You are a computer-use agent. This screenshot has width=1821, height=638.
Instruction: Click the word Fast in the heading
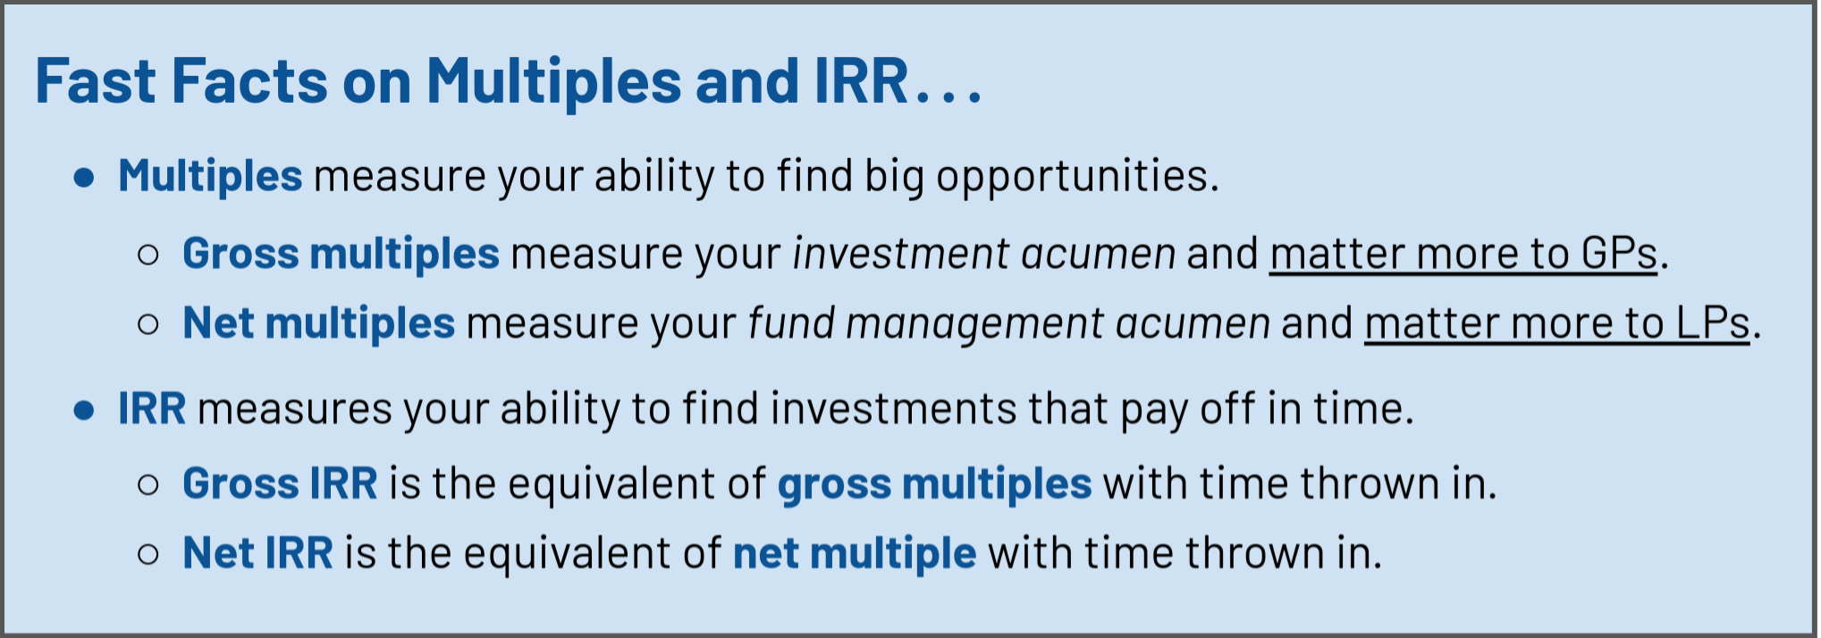[x=96, y=81]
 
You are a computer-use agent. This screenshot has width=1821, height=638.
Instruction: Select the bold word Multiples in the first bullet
[x=210, y=176]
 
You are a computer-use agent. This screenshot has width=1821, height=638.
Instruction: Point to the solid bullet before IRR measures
[x=85, y=410]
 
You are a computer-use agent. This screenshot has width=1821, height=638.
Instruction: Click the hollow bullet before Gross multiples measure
[x=148, y=255]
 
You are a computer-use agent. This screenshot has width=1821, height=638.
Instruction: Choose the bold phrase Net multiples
[x=319, y=323]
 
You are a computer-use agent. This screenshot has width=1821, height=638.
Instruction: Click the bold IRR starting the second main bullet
[x=153, y=409]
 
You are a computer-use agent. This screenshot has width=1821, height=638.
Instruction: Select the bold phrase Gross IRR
[x=281, y=483]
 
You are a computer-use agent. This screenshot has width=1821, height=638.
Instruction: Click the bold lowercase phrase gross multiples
[x=935, y=484]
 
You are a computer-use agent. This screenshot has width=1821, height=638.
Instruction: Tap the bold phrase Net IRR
[x=258, y=553]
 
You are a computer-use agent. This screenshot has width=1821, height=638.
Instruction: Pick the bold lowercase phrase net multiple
[x=855, y=554]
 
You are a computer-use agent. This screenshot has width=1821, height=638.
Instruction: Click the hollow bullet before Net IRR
[x=148, y=555]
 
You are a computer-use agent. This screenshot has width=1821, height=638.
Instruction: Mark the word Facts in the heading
[x=250, y=81]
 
